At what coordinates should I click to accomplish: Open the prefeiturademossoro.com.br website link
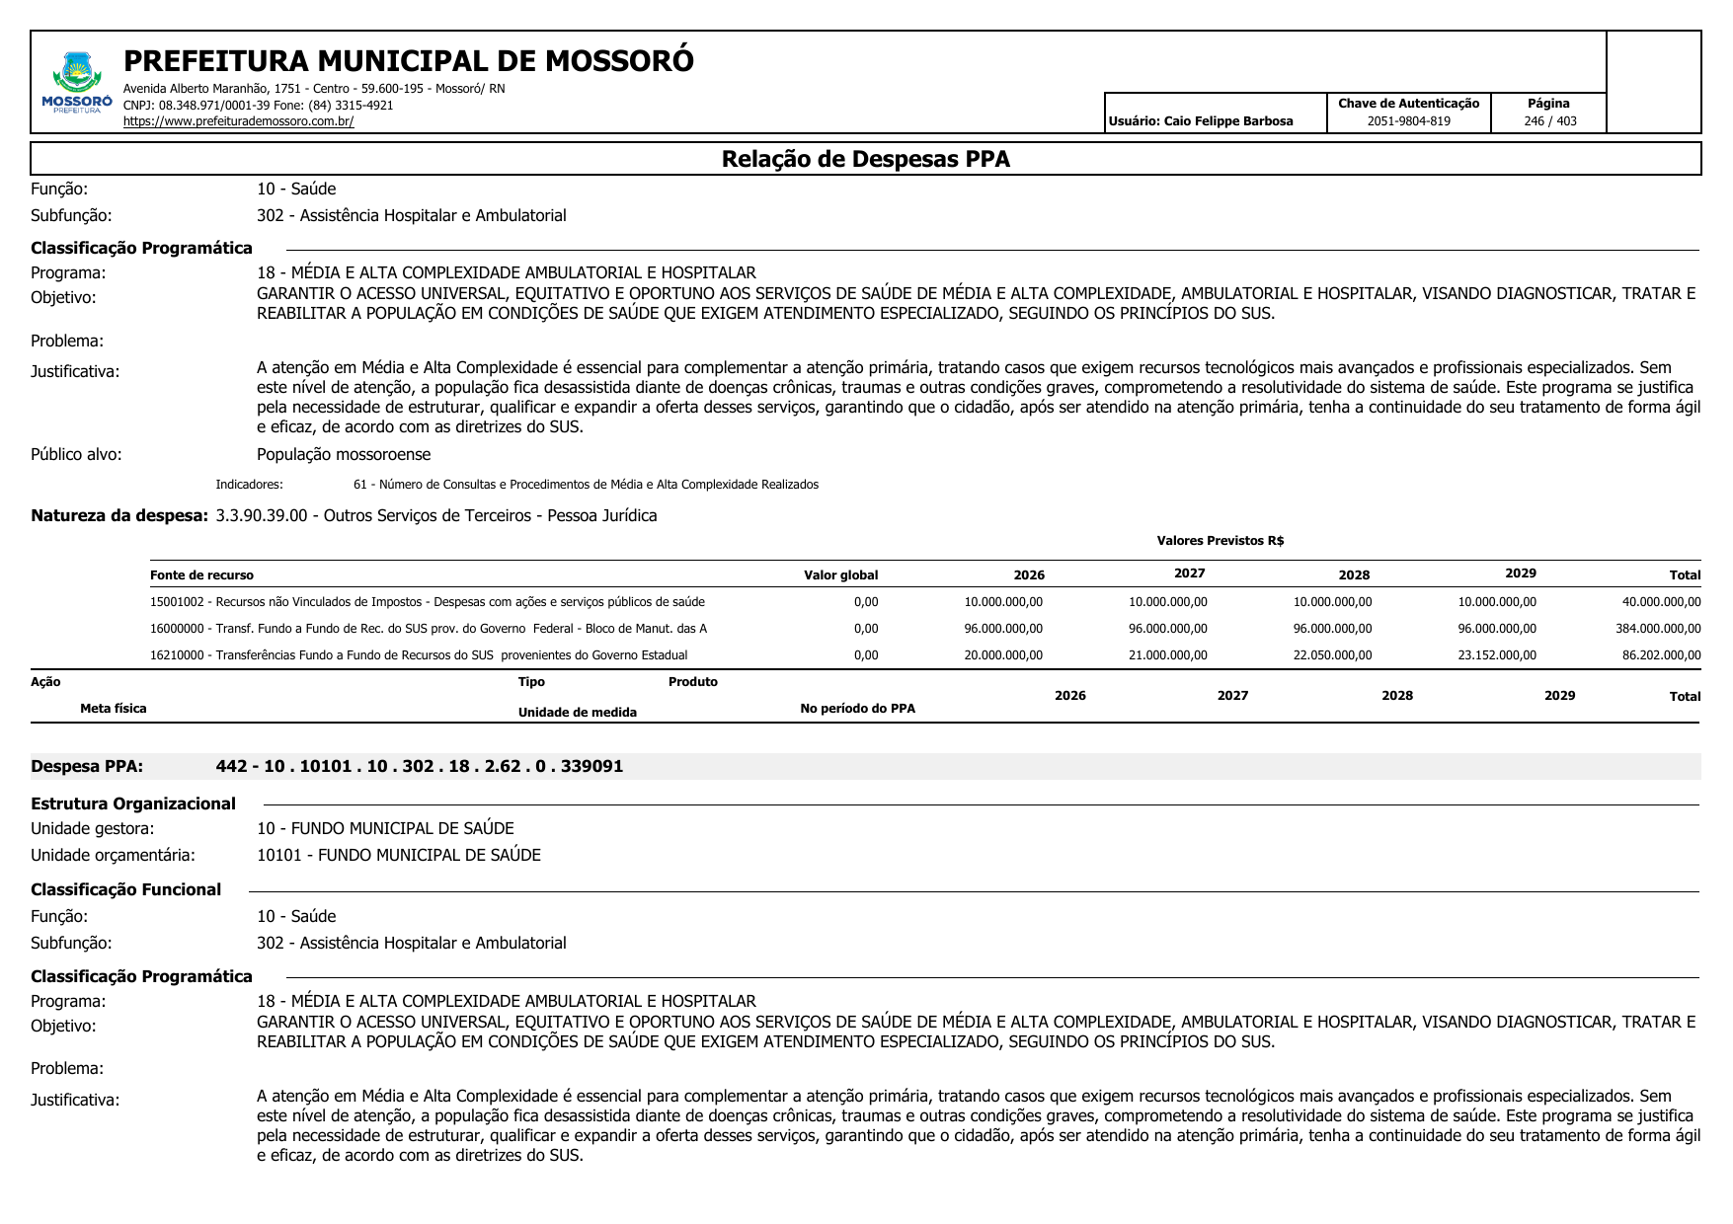[238, 121]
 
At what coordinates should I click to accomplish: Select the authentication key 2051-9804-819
[1408, 121]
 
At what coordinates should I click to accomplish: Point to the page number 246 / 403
[1549, 121]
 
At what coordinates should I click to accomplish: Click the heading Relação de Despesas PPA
[865, 160]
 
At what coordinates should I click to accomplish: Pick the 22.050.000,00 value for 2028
[1332, 655]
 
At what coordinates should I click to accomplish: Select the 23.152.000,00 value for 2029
[1497, 655]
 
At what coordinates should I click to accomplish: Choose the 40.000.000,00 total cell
[1661, 602]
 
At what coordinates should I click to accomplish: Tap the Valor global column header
[840, 575]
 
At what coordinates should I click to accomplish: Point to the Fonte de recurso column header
[201, 575]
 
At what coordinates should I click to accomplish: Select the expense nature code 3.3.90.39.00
[262, 516]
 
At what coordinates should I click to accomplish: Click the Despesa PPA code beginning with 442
[419, 767]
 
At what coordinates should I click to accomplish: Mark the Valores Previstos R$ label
[1220, 541]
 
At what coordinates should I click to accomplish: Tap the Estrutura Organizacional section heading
[133, 803]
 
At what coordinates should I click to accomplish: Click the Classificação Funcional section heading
[126, 890]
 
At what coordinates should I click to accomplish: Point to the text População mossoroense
[344, 455]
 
